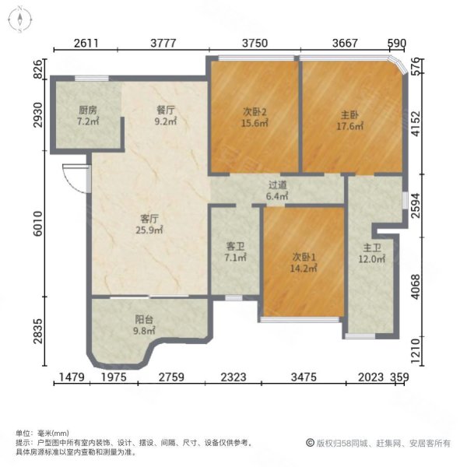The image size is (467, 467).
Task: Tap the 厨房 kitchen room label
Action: [x=87, y=115]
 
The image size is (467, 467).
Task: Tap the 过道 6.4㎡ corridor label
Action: [x=278, y=191]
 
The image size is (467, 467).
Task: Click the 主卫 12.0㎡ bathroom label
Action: [x=371, y=254]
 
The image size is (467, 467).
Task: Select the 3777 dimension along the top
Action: [x=164, y=44]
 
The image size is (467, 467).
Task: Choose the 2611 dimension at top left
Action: [x=87, y=44]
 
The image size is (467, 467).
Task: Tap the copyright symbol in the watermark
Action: [x=309, y=443]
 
